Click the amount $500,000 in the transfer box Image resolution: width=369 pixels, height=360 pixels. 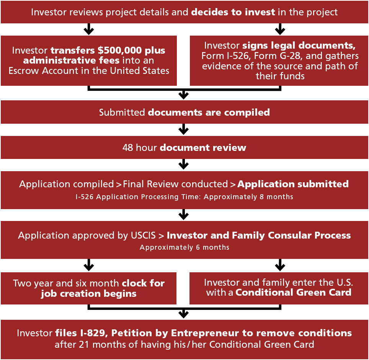(119, 51)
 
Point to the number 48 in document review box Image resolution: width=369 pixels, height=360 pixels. (128, 147)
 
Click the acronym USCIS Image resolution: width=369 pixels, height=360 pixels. (143, 236)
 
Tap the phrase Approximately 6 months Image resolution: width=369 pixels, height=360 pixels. (184, 247)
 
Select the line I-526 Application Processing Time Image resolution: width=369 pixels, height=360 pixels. (138, 197)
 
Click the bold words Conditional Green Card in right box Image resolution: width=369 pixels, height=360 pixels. (294, 293)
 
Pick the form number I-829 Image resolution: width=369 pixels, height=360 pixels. (93, 333)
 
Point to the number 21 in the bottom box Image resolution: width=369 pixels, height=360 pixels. (84, 345)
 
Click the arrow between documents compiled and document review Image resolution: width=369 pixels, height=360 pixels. (184, 129)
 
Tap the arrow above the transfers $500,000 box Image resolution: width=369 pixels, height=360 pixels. (89, 29)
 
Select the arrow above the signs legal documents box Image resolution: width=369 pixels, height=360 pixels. (280, 29)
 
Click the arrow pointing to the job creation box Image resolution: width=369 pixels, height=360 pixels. (89, 265)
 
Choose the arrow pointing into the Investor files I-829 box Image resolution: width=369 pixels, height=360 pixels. (184, 313)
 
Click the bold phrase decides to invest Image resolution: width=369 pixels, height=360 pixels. (233, 12)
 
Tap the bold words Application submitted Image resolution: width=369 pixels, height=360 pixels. (293, 184)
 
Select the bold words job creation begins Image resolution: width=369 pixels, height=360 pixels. (89, 294)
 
